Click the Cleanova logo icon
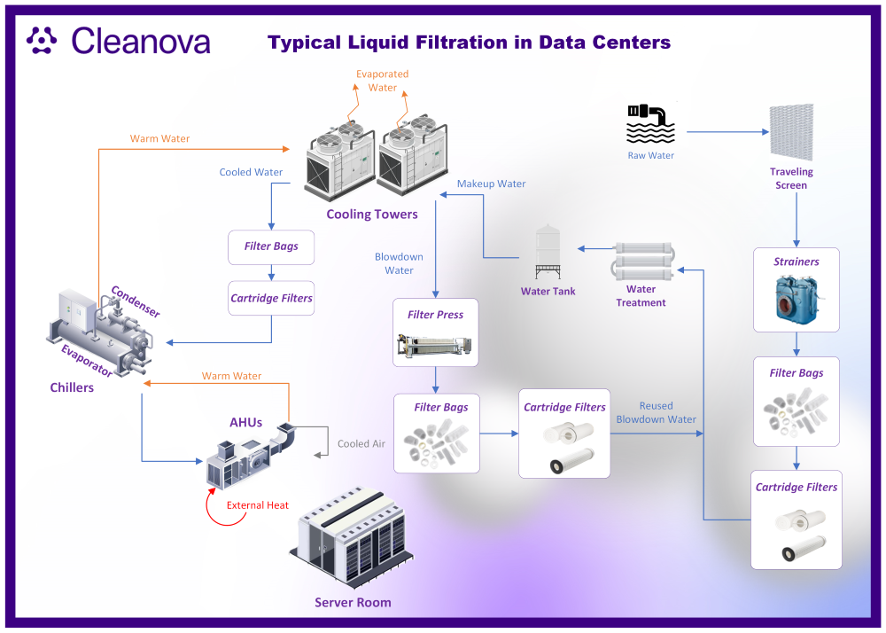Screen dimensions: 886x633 [42, 40]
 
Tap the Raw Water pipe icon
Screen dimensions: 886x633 [650, 124]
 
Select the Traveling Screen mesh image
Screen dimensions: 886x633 [791, 132]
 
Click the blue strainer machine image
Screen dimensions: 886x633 [797, 299]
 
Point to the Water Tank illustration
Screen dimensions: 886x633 [548, 252]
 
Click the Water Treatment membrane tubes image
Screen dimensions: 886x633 [643, 262]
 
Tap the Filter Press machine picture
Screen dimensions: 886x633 [434, 346]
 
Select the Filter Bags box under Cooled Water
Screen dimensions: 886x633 [271, 247]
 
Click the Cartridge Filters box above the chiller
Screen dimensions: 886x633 [271, 298]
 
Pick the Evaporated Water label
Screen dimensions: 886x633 [383, 81]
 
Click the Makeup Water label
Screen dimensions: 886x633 [491, 184]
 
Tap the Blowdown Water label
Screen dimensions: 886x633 [399, 263]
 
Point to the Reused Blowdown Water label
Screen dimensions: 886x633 [656, 412]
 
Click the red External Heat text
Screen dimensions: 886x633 [258, 505]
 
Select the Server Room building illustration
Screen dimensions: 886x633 [352, 539]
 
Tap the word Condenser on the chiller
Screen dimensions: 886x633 [136, 301]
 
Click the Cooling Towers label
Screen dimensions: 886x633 [372, 215]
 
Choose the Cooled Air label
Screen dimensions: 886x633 [361, 443]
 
